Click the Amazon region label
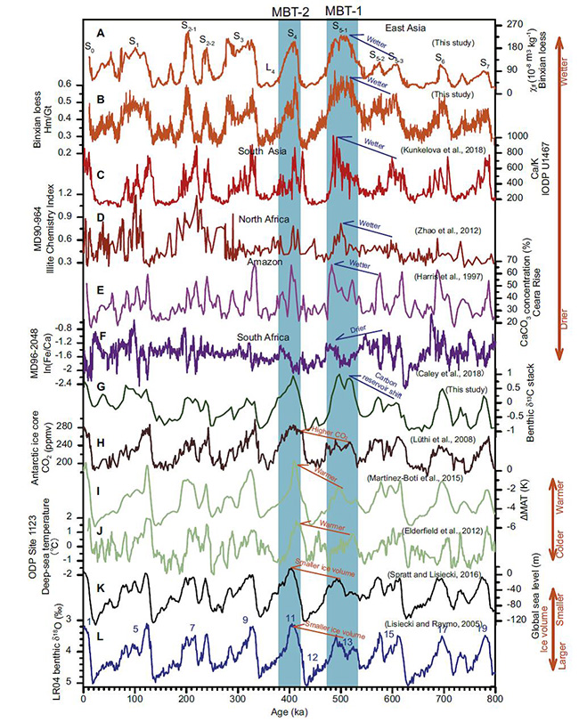(268, 263)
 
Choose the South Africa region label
(265, 337)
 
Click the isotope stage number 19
(482, 629)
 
